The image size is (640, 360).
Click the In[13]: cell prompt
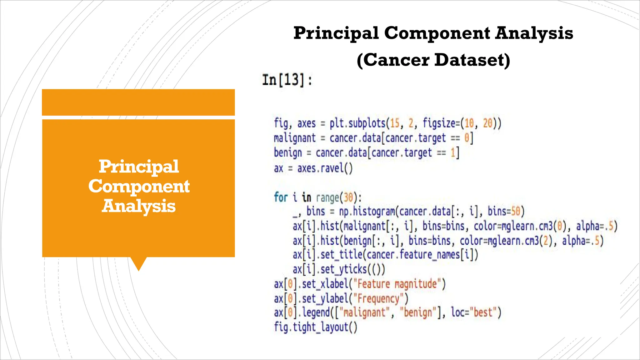[x=287, y=80]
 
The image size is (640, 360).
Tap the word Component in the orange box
[x=139, y=186]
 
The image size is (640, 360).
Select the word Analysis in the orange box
[x=139, y=206]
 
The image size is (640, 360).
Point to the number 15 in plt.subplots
[x=395, y=123]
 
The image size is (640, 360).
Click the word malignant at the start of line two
[x=295, y=138]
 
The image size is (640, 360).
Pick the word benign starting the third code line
[x=288, y=153]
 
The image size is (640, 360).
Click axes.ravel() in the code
[x=325, y=168]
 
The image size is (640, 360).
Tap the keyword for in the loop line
[x=280, y=197]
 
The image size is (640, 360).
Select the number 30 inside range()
[x=348, y=197]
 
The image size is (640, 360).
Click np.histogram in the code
[x=367, y=212]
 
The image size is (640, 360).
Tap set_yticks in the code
[x=344, y=269]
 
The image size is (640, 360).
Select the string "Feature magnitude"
[x=397, y=284]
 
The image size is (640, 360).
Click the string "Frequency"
[x=378, y=298]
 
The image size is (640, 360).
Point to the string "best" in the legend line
[x=483, y=312]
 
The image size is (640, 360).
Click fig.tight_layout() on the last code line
[x=316, y=327]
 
